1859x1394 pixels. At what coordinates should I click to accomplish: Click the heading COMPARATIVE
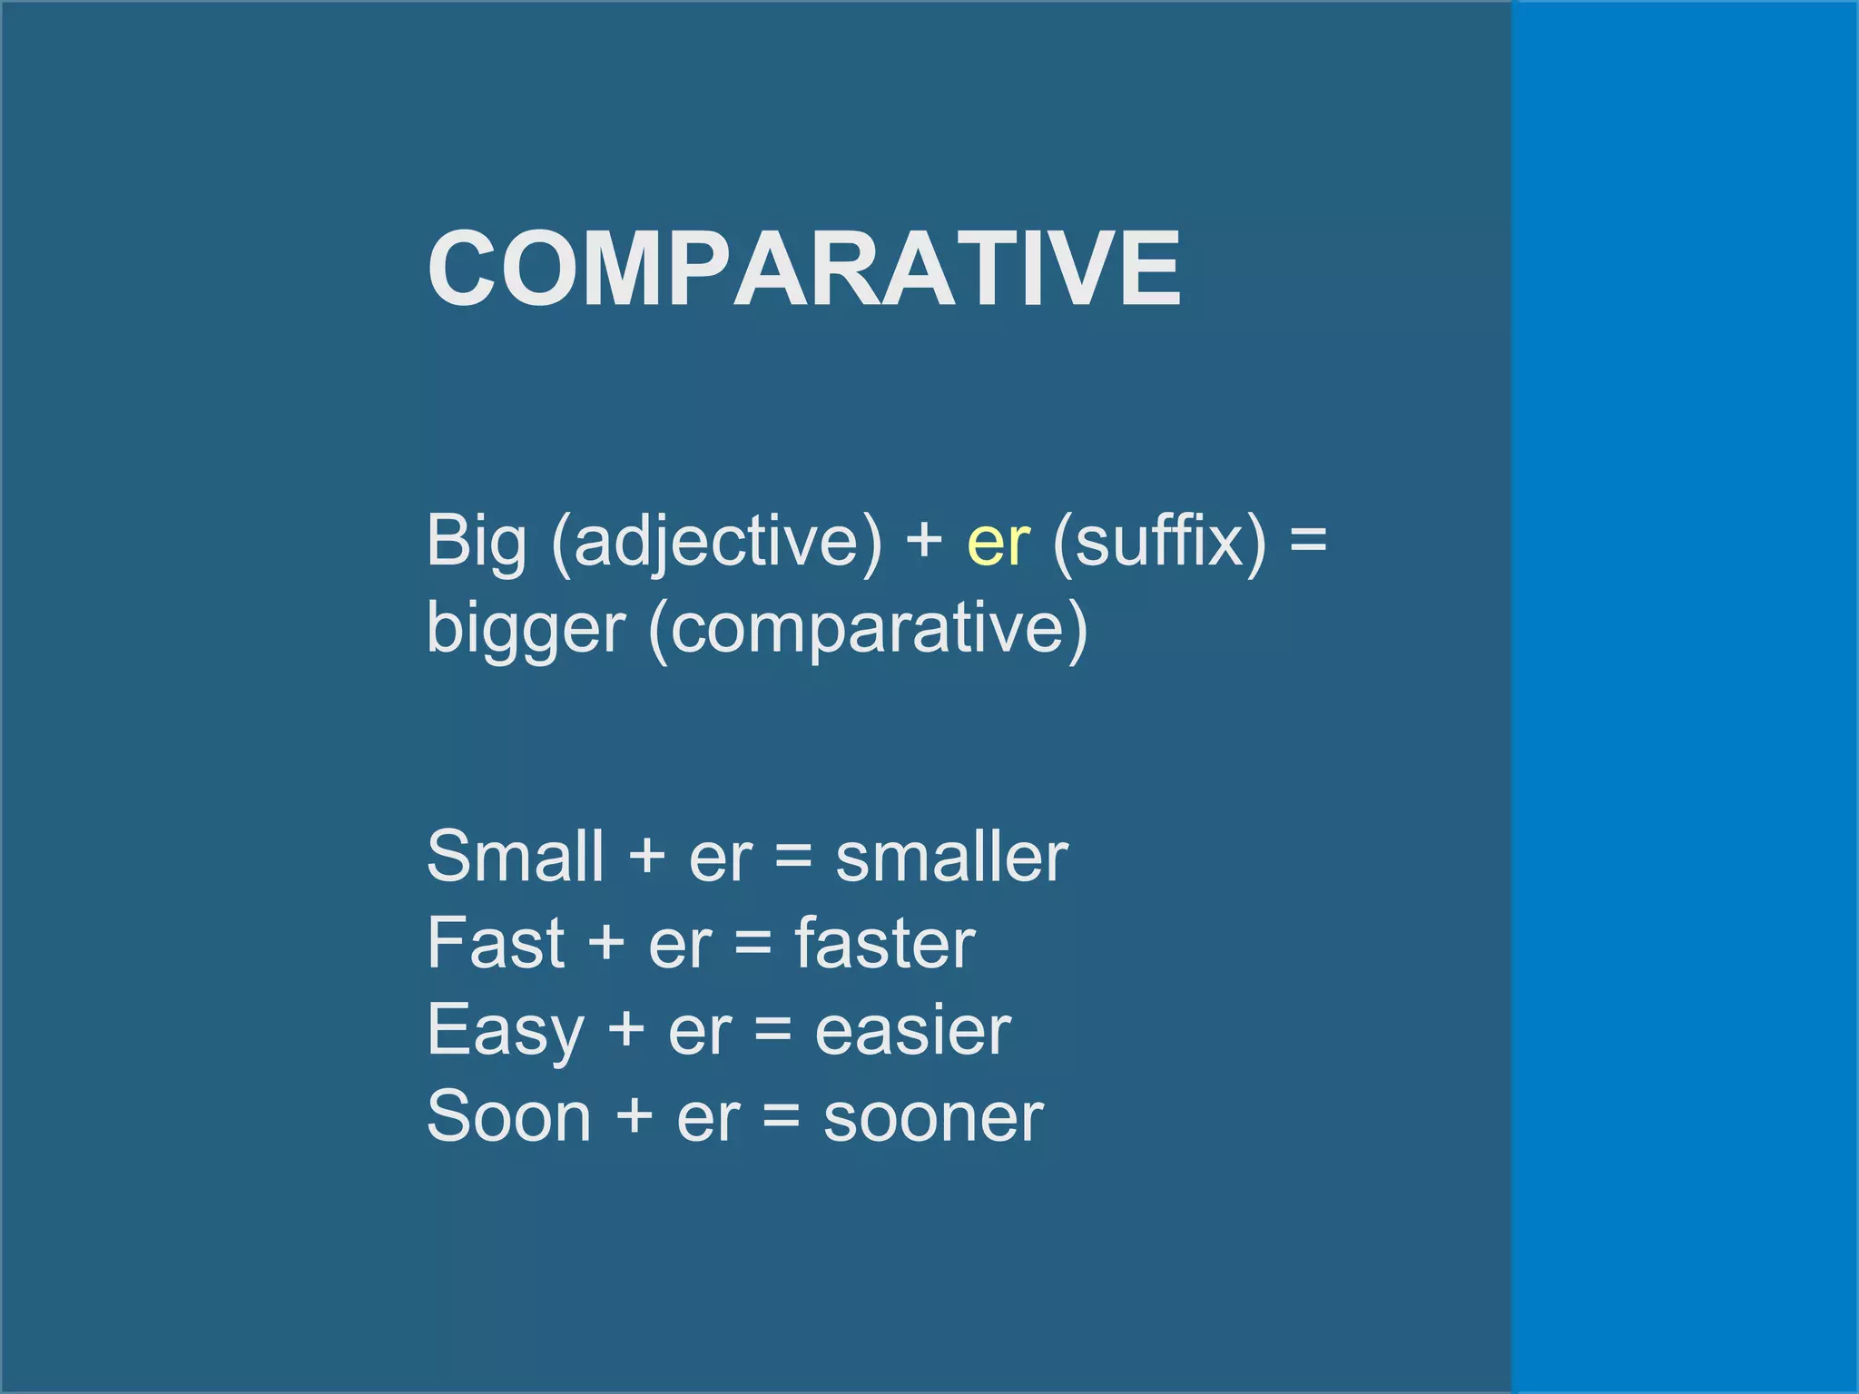[x=804, y=270]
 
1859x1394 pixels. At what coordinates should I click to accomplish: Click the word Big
[x=477, y=542]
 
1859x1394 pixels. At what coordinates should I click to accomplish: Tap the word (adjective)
[x=716, y=542]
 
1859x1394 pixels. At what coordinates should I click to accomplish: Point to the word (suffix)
[x=1159, y=542]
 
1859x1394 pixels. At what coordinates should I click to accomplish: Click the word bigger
[x=526, y=629]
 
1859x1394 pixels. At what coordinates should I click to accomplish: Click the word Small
[x=516, y=856]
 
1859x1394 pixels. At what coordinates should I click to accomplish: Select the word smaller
[x=951, y=858]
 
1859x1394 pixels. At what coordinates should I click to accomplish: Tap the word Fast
[x=496, y=944]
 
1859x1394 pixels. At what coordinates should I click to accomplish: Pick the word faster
[x=885, y=944]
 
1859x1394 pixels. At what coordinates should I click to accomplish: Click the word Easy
[x=506, y=1032]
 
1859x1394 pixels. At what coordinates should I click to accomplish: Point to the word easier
[x=913, y=1032]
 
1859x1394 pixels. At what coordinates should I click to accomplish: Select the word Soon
[x=509, y=1117]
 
